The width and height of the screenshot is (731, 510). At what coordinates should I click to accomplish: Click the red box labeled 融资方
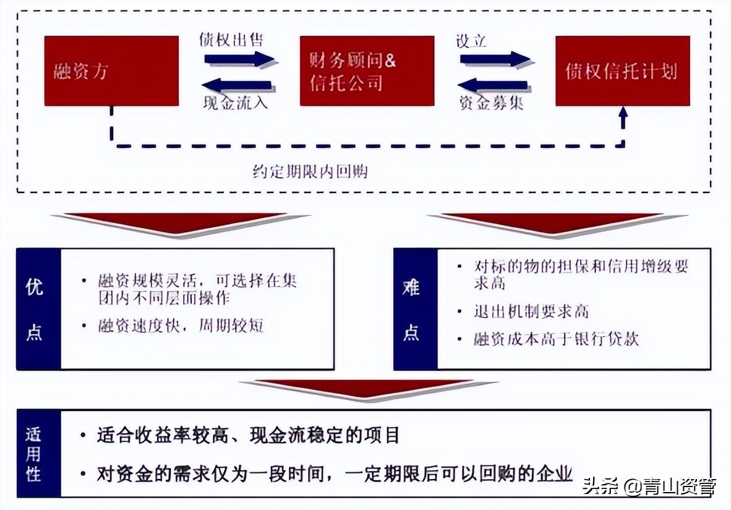[x=111, y=71]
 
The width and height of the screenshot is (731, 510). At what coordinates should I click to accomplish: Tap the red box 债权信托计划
[x=622, y=71]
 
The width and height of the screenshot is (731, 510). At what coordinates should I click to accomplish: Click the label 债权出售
[x=231, y=40]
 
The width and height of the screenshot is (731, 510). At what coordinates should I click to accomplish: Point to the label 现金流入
[x=235, y=103]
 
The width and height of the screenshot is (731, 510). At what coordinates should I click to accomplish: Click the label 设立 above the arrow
[x=471, y=41]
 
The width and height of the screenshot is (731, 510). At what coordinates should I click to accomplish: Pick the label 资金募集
[x=491, y=103]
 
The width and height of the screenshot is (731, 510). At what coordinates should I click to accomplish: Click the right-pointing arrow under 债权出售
[x=239, y=59]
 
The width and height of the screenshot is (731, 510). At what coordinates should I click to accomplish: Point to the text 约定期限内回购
[x=310, y=171]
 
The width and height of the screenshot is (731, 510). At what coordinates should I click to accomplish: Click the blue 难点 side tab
[x=415, y=309]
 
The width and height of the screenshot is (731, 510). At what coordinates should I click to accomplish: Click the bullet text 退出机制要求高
[x=531, y=311]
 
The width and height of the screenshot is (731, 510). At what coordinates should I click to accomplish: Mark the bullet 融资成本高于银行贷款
[x=556, y=339]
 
